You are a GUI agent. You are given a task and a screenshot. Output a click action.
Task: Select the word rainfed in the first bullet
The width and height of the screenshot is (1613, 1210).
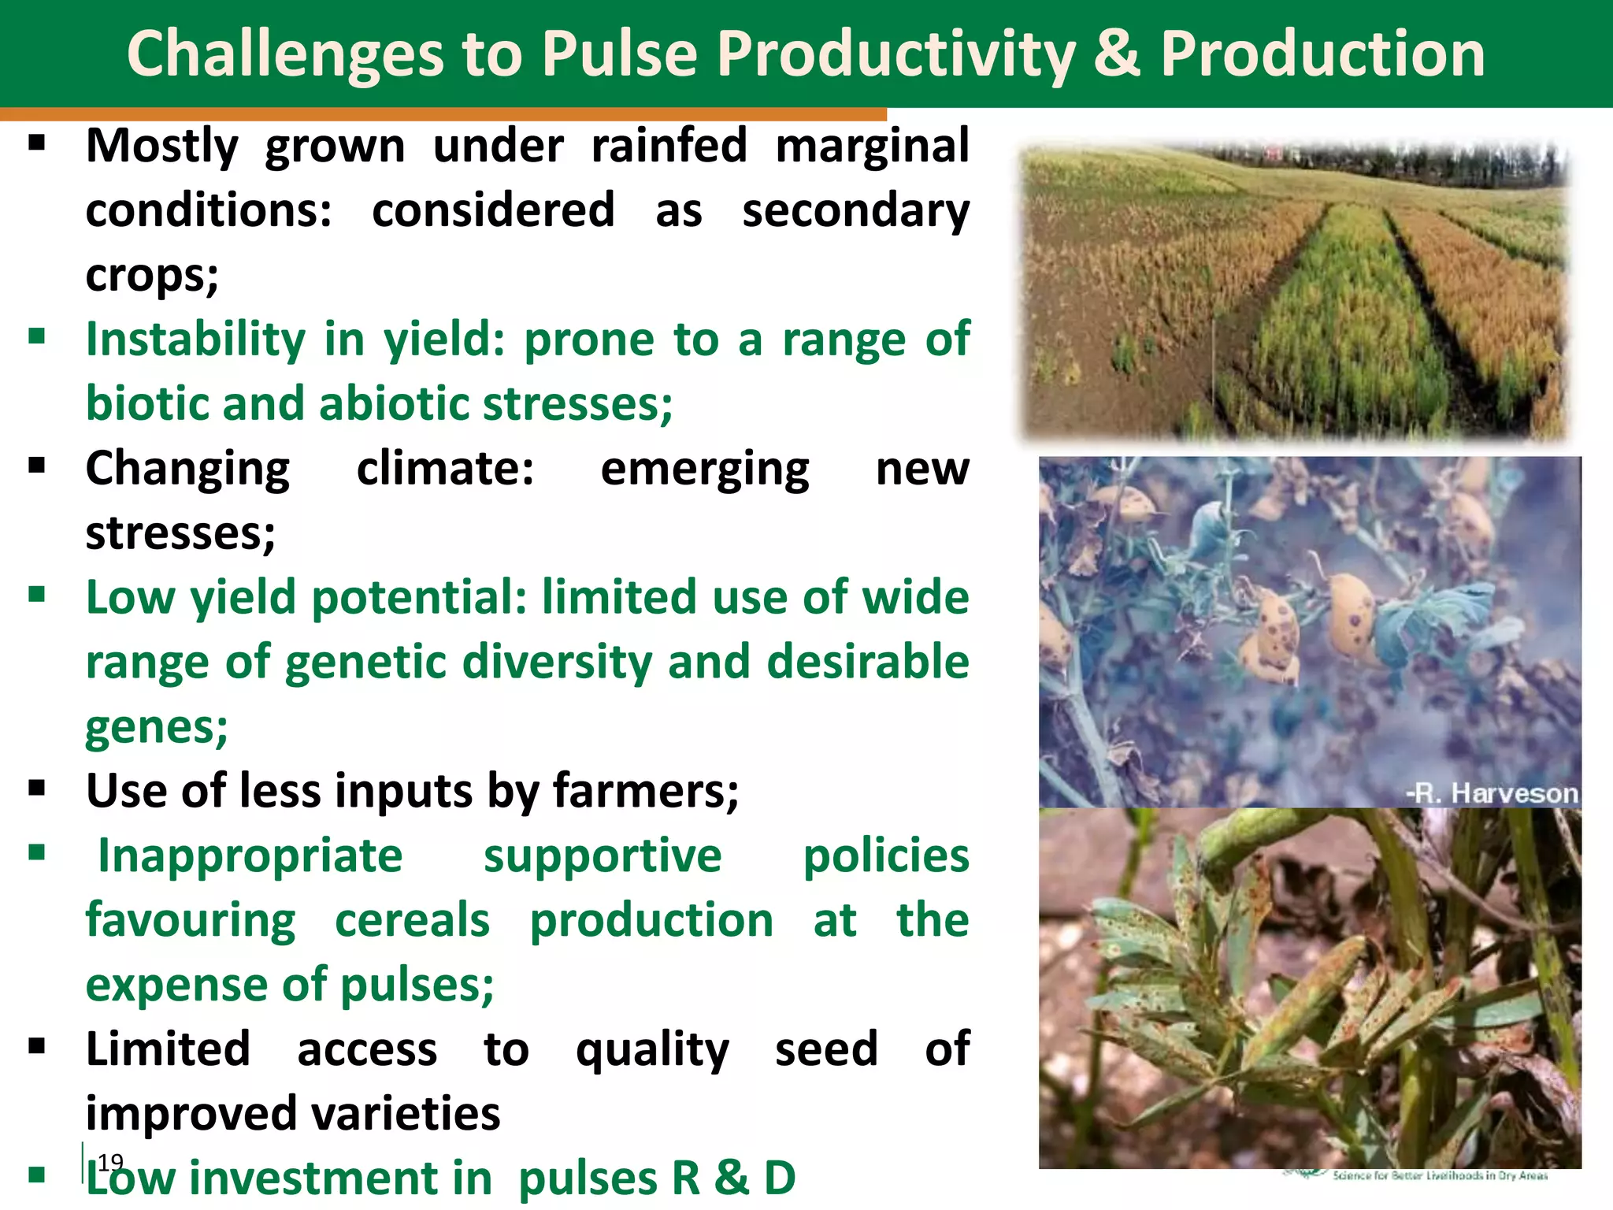point(669,147)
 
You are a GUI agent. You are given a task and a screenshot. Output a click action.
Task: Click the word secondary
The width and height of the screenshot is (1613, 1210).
point(855,211)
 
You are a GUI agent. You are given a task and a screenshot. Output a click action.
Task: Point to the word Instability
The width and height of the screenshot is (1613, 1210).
point(195,340)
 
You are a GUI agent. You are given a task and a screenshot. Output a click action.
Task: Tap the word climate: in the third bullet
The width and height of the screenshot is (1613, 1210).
point(445,470)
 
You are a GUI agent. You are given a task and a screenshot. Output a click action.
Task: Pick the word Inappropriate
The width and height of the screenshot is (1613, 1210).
point(250,856)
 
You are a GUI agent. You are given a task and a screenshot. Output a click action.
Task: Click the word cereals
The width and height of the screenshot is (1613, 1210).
point(412,921)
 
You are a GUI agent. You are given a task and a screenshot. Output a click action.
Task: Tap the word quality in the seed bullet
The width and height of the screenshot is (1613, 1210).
point(652,1050)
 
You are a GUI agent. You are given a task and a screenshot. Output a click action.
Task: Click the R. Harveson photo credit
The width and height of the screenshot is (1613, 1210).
point(1492,793)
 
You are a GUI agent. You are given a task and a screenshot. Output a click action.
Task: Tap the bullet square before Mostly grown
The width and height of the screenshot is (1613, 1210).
point(37,143)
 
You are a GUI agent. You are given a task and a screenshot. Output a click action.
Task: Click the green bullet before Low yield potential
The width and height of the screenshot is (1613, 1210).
point(37,594)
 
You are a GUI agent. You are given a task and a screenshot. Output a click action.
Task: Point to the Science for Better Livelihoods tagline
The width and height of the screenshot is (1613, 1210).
point(1440,1175)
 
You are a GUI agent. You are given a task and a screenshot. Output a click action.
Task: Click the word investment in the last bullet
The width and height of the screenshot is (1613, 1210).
point(340,1179)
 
